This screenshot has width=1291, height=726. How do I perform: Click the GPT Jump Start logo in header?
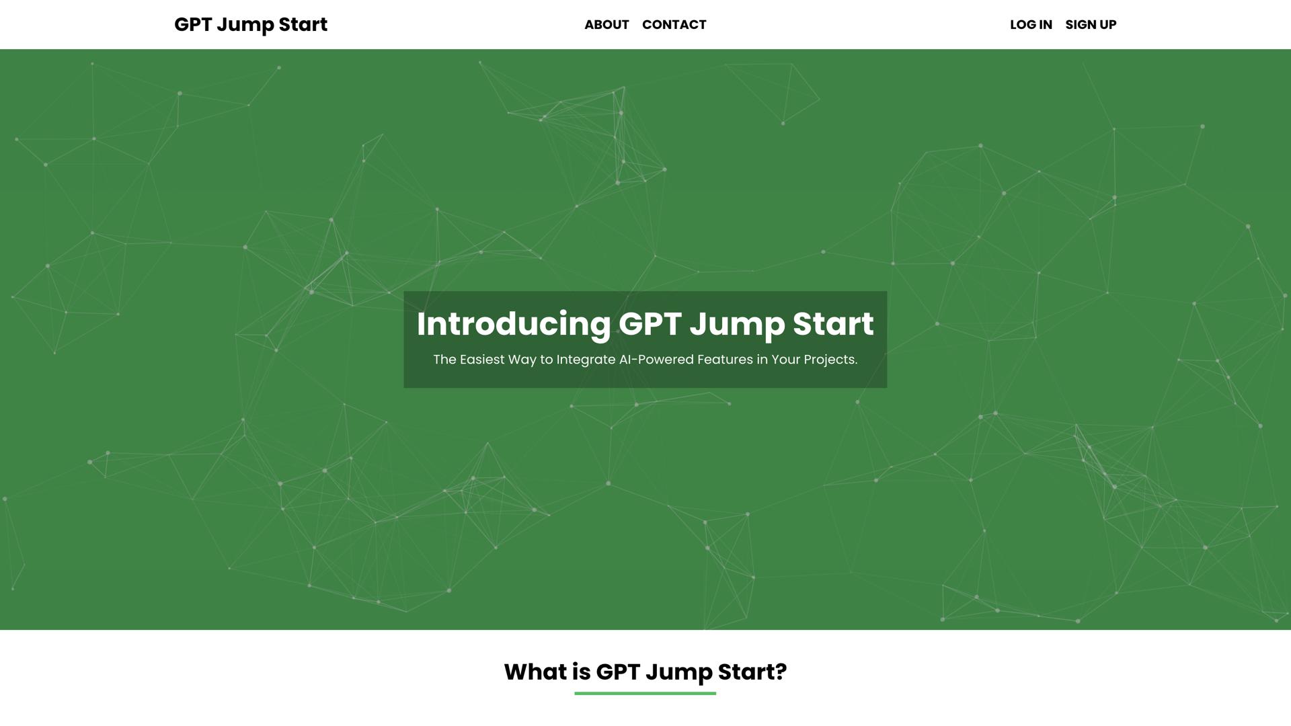(250, 25)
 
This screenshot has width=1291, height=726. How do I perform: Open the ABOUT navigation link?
(607, 25)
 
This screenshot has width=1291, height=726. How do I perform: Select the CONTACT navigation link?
(674, 25)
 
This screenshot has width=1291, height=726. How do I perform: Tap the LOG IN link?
(1031, 25)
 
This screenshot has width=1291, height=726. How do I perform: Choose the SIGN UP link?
(1091, 25)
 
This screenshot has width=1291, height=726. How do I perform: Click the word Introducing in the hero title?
(513, 324)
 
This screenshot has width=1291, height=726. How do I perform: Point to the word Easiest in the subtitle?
(482, 360)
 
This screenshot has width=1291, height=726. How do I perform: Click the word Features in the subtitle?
(725, 360)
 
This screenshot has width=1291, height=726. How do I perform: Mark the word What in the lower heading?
(535, 672)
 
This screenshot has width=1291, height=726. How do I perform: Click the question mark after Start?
(781, 672)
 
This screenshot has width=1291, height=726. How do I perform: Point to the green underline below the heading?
(645, 693)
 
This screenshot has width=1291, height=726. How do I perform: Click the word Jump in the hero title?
(737, 324)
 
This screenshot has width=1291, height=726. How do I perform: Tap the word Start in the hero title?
(833, 324)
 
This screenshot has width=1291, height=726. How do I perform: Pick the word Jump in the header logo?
(245, 25)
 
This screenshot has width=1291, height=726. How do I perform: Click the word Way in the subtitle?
(522, 360)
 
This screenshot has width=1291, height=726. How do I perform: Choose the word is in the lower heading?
(581, 672)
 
